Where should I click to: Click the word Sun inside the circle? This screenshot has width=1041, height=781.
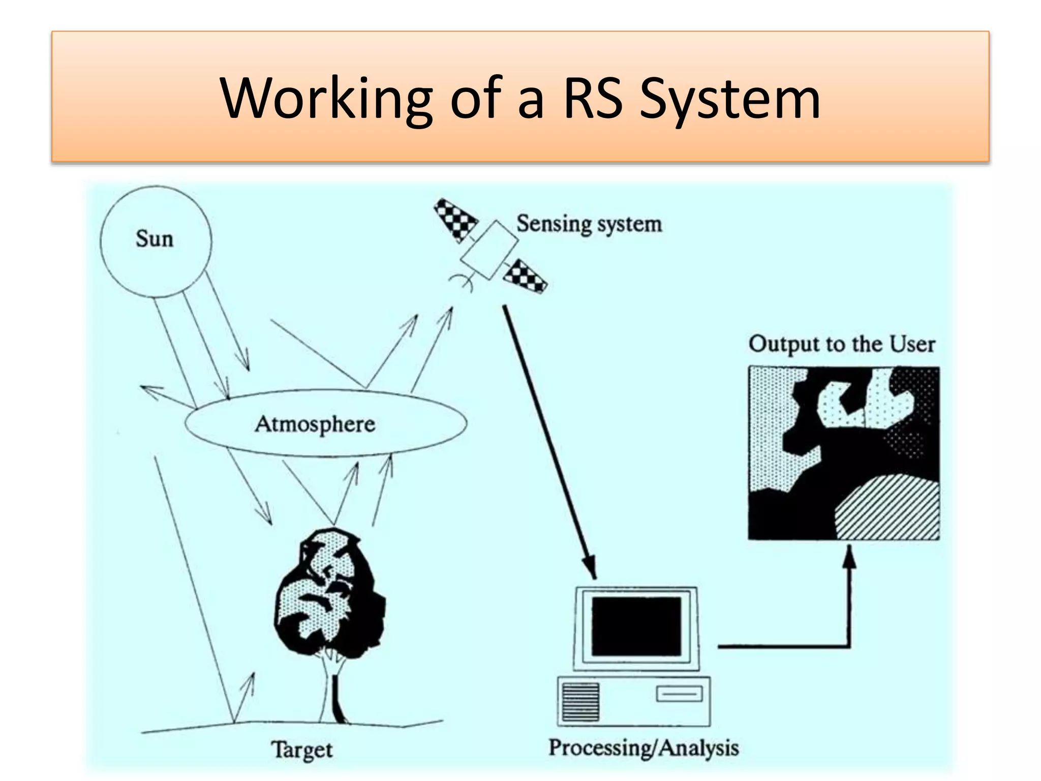[155, 239]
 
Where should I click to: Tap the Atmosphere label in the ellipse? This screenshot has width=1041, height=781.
[315, 424]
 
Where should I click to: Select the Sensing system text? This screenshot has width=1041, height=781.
[589, 224]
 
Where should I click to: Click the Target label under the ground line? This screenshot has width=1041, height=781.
[302, 750]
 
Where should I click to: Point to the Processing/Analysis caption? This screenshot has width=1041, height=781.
[644, 748]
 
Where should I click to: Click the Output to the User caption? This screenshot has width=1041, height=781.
[841, 344]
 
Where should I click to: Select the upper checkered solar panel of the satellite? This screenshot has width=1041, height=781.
[455, 219]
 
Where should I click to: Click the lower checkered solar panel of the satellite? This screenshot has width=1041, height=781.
[525, 277]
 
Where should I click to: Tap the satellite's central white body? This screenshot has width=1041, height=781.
[489, 250]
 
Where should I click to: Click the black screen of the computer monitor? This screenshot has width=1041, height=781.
[636, 626]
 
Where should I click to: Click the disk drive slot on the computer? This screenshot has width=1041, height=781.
[679, 694]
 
